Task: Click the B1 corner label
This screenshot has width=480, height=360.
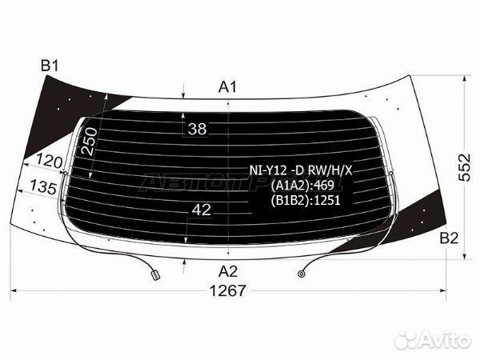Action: [50, 66]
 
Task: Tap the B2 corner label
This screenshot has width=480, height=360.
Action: [449, 238]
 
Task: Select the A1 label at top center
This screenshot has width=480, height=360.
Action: [227, 87]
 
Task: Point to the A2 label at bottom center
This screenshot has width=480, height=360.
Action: [228, 271]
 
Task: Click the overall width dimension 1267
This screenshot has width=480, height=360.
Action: [228, 290]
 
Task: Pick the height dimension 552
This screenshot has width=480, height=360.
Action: [464, 167]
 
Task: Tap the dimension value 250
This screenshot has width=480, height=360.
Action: [90, 141]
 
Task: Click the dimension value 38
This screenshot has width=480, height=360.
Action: [198, 129]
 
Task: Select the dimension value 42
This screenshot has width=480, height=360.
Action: [202, 210]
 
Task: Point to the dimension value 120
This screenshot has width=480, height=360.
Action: [50, 161]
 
